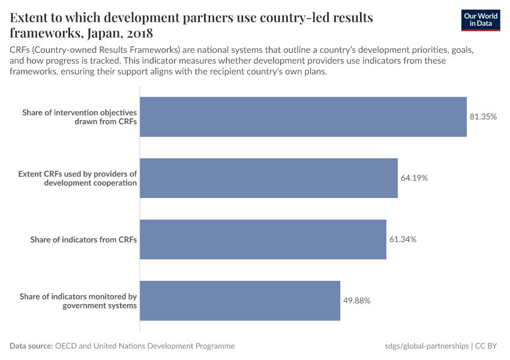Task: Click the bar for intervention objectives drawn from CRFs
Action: (x=303, y=117)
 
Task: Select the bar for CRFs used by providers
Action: (x=269, y=178)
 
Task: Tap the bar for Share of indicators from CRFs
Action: (x=263, y=239)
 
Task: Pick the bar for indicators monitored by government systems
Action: (x=240, y=301)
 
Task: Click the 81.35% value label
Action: (x=483, y=117)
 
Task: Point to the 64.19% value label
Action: (x=414, y=178)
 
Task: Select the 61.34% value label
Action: (x=403, y=239)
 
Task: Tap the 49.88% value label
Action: (x=357, y=301)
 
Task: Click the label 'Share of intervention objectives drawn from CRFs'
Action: (x=80, y=117)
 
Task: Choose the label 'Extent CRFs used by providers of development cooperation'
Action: (x=77, y=178)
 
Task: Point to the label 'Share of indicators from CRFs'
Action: (x=84, y=239)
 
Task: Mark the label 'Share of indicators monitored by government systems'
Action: (x=79, y=301)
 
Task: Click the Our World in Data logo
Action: (x=481, y=20)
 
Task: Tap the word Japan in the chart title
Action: (x=107, y=32)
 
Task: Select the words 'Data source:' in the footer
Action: (x=31, y=346)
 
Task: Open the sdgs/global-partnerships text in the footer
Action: (x=426, y=346)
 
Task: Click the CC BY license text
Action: (x=488, y=346)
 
